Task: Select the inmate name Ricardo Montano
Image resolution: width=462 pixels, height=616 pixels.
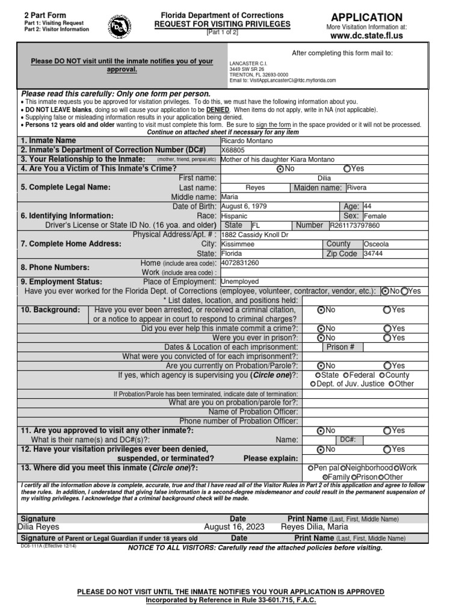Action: click(247, 141)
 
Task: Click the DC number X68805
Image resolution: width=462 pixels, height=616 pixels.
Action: click(233, 150)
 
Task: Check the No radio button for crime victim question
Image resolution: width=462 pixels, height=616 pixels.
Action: click(280, 169)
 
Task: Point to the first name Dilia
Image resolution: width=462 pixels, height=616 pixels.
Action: click(324, 178)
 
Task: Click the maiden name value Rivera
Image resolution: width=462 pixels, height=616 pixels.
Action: click(357, 188)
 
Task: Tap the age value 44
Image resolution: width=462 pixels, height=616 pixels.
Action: click(368, 206)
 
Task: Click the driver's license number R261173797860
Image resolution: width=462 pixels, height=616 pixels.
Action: click(354, 226)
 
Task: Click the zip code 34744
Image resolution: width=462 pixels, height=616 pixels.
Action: click(372, 254)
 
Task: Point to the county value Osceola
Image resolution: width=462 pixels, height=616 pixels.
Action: click(376, 245)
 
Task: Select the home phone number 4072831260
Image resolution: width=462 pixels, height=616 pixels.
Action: click(240, 263)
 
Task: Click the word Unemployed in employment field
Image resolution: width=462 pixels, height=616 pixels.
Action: click(240, 281)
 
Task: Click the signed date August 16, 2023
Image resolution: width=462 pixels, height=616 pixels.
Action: click(235, 527)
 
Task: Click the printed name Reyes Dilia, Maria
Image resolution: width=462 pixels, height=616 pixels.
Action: click(315, 527)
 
